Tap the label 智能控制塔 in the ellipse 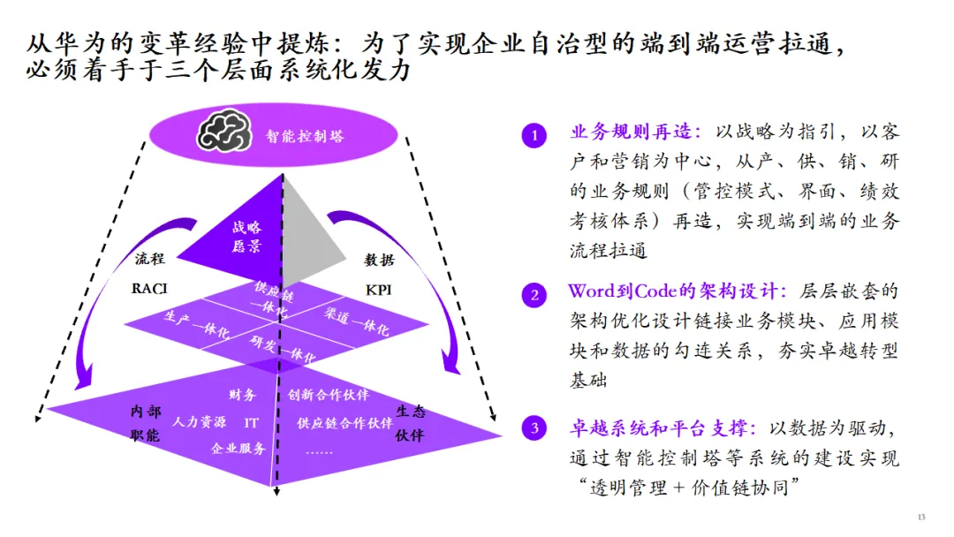[x=305, y=136]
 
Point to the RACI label [x=149, y=288]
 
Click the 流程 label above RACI [x=149, y=260]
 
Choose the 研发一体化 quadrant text [x=282, y=349]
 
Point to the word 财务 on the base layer [x=241, y=395]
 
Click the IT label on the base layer [x=252, y=422]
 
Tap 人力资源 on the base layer [x=200, y=422]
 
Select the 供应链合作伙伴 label [x=344, y=422]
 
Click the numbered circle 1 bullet [x=534, y=135]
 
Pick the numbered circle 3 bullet [x=534, y=430]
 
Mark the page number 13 [x=921, y=517]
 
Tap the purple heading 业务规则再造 [x=634, y=132]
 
